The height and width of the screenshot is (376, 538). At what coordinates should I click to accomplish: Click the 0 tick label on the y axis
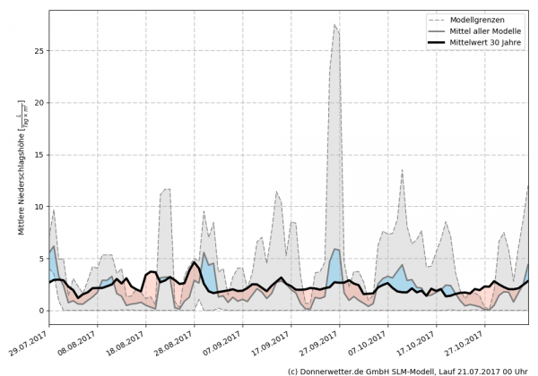point(41,311)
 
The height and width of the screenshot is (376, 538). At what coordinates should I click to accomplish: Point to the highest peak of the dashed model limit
point(334,25)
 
